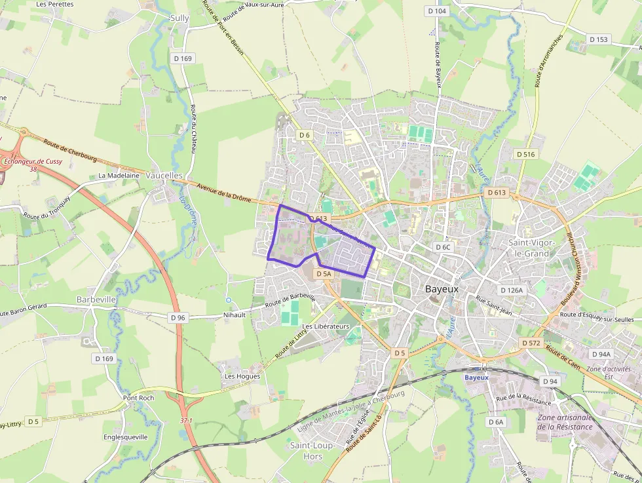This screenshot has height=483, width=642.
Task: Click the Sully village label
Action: point(179,18)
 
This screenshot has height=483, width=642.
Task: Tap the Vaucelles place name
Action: point(164,176)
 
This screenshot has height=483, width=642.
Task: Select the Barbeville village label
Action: point(96,299)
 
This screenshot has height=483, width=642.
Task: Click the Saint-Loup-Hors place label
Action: point(313,451)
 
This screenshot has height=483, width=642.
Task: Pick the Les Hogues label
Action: point(242,376)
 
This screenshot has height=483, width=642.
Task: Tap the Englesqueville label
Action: point(126,436)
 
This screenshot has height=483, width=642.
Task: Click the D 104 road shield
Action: point(436,11)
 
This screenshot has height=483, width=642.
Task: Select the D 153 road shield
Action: point(598,39)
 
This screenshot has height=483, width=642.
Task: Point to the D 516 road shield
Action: point(525,154)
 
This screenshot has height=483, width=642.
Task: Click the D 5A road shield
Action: point(324,274)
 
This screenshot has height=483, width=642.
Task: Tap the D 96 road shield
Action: point(178,318)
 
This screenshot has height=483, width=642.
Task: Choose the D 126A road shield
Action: point(511,290)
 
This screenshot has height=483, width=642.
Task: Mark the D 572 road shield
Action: point(531,343)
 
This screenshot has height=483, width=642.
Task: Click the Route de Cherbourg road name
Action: point(70,150)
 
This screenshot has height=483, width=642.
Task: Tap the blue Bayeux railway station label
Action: point(476,377)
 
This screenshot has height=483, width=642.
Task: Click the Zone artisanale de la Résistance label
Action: point(565,422)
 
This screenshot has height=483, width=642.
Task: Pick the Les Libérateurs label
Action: point(326,326)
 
